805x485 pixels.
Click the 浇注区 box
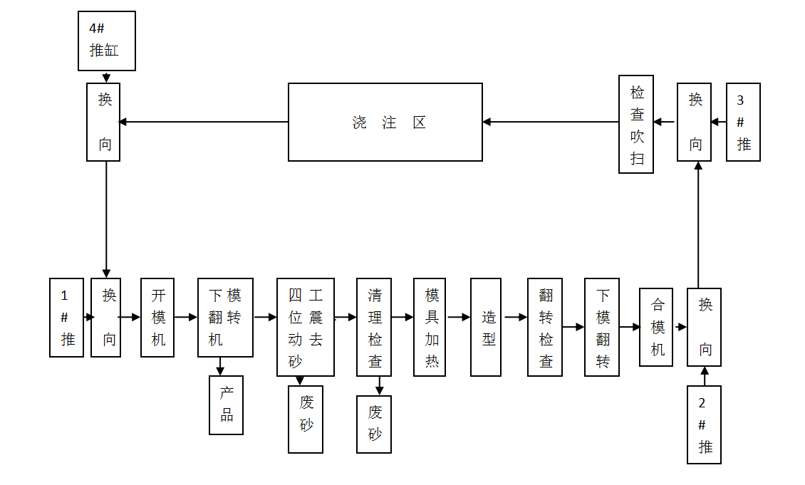pos(385,122)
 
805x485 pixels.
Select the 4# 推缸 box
pos(106,41)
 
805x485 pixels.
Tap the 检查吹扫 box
pos(636,124)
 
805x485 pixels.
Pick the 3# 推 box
pos(743,122)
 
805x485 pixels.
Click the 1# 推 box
pos(66,317)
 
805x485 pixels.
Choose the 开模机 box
pos(157,317)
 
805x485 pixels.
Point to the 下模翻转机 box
pos(225,317)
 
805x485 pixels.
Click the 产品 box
pos(226,405)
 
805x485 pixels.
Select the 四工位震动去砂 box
pos(305,327)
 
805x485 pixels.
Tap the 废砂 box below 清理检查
pos(374,424)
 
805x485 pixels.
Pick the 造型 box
pos(488,327)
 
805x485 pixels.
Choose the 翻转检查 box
pos(545,327)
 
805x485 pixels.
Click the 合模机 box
pos(656,327)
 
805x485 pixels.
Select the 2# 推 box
pos(704,424)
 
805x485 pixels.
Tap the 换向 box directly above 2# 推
pos(704,327)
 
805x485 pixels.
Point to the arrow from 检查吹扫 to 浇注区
pos(551,122)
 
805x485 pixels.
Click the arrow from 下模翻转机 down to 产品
pos(220,366)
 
